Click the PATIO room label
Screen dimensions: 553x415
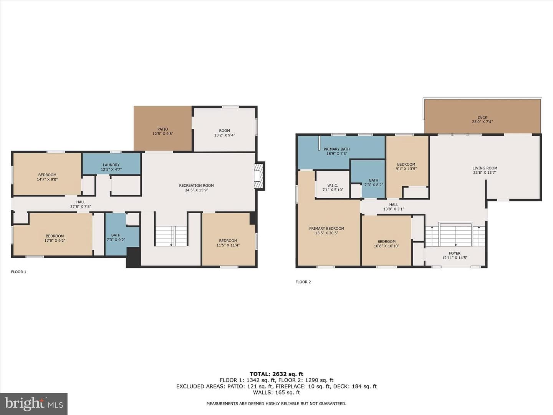(162, 129)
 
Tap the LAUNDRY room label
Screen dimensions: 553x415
(111, 165)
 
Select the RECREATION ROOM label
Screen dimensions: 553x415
(196, 186)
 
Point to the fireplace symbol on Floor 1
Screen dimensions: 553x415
(259, 176)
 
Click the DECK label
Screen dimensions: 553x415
(482, 117)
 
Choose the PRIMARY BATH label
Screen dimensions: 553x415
(336, 149)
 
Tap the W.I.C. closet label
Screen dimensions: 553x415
(333, 185)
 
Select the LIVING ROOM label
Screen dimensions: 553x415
(485, 168)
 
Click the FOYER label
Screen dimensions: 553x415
(454, 253)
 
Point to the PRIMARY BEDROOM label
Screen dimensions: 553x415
(326, 229)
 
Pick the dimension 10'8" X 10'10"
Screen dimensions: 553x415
(386, 246)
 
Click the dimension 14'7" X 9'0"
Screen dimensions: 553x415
(47, 179)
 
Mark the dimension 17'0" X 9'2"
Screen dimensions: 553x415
(55, 241)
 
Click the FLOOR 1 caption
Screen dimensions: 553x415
(19, 272)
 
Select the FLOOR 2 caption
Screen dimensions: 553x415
(303, 282)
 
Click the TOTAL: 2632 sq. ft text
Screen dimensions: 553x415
(276, 374)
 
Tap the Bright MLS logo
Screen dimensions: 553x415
(33, 403)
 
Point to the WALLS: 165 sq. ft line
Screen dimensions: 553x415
(276, 392)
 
